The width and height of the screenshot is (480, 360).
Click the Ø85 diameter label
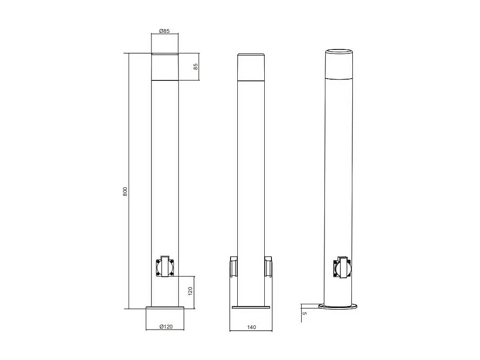coord(164,31)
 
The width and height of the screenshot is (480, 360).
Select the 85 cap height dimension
coord(196,67)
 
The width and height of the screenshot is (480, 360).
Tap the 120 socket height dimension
coord(190,291)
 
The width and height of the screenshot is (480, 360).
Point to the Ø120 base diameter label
coord(166,327)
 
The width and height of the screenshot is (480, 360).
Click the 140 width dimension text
coord(252,327)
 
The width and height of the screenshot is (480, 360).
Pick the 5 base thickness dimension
coord(304,313)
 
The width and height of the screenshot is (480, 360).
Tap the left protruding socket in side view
coord(234,267)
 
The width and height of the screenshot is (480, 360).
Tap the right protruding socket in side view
coord(268,267)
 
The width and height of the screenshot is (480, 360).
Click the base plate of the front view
coord(165,307)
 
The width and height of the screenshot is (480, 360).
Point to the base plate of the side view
coord(251,307)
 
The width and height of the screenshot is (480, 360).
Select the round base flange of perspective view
coord(338,307)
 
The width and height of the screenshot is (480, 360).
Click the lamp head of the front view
coord(165,67)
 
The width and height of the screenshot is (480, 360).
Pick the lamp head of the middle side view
coord(251,67)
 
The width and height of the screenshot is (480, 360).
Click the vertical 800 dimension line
coord(129,135)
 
